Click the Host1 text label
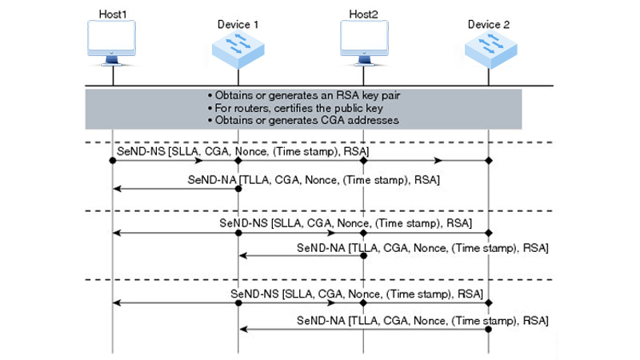pyautogui.click(x=113, y=14)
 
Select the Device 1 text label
pyautogui.click(x=238, y=25)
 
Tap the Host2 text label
pyautogui.click(x=364, y=14)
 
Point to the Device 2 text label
pyautogui.click(x=489, y=25)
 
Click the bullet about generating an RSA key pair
pyautogui.click(x=303, y=94)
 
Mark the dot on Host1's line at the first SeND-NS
pyautogui.click(x=113, y=161)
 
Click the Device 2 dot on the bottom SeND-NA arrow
pyautogui.click(x=489, y=329)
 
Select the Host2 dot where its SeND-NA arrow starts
pyautogui.click(x=364, y=256)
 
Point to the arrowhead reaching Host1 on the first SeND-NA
pyautogui.click(x=118, y=189)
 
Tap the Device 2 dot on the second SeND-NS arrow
pyautogui.click(x=489, y=232)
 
